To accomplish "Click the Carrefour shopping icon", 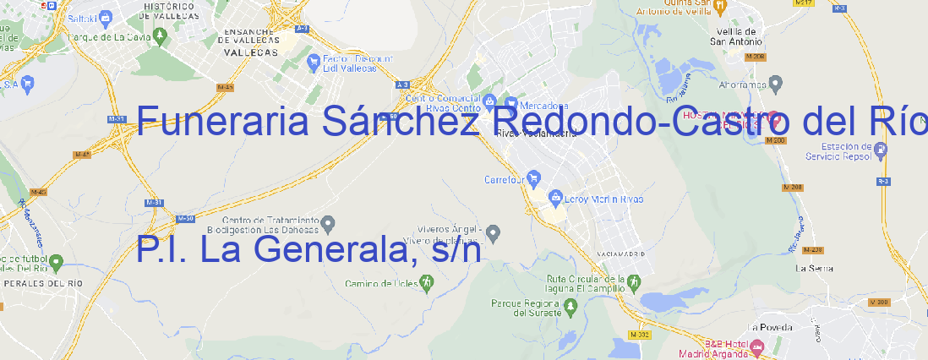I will coord(534,179).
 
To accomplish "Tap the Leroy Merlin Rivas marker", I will coord(555,199).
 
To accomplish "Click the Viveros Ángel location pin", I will coord(494,232).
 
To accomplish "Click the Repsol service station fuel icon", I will coord(882,150).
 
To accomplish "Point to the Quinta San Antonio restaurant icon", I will coord(720,7).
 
